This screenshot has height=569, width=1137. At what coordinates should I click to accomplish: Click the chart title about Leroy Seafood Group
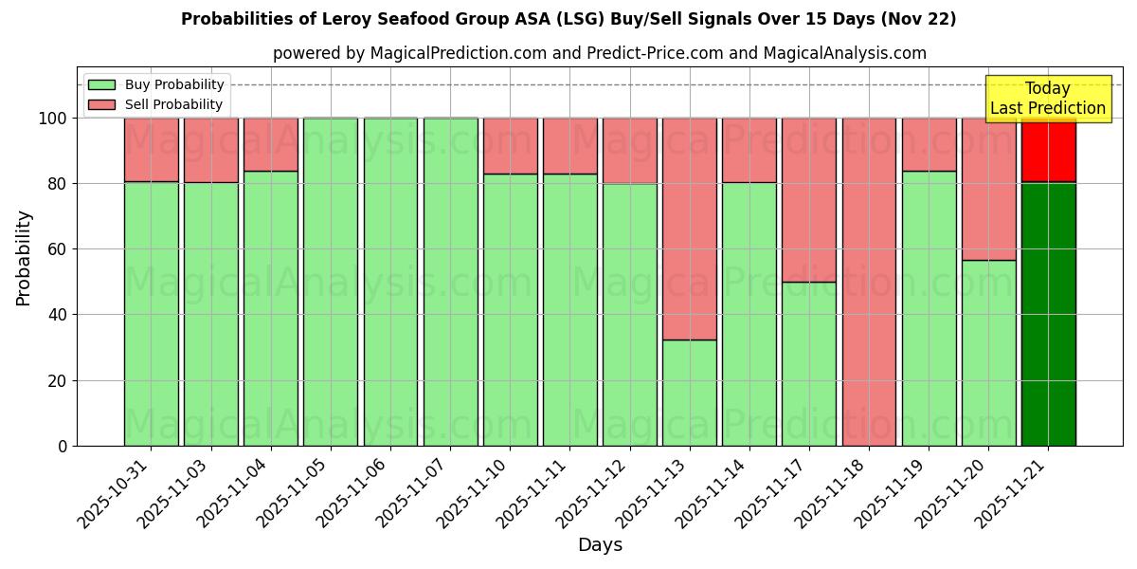(568, 19)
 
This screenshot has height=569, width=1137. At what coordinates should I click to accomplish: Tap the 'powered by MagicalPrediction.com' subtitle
(599, 53)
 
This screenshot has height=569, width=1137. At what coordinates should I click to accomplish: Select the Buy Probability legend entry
(156, 84)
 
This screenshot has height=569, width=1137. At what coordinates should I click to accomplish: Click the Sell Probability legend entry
(156, 104)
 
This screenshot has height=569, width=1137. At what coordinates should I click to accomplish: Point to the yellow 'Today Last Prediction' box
(1047, 99)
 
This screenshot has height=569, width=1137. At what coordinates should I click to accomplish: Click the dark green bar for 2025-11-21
(1048, 313)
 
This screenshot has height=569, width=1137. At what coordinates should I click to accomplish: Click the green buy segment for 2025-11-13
(689, 393)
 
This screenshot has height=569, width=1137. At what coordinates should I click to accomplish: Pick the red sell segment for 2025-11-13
(689, 229)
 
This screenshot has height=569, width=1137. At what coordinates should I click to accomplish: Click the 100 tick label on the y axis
(54, 119)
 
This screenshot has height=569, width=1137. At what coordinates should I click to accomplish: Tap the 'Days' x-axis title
(600, 545)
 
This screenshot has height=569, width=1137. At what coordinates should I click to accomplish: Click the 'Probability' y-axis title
(24, 257)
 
